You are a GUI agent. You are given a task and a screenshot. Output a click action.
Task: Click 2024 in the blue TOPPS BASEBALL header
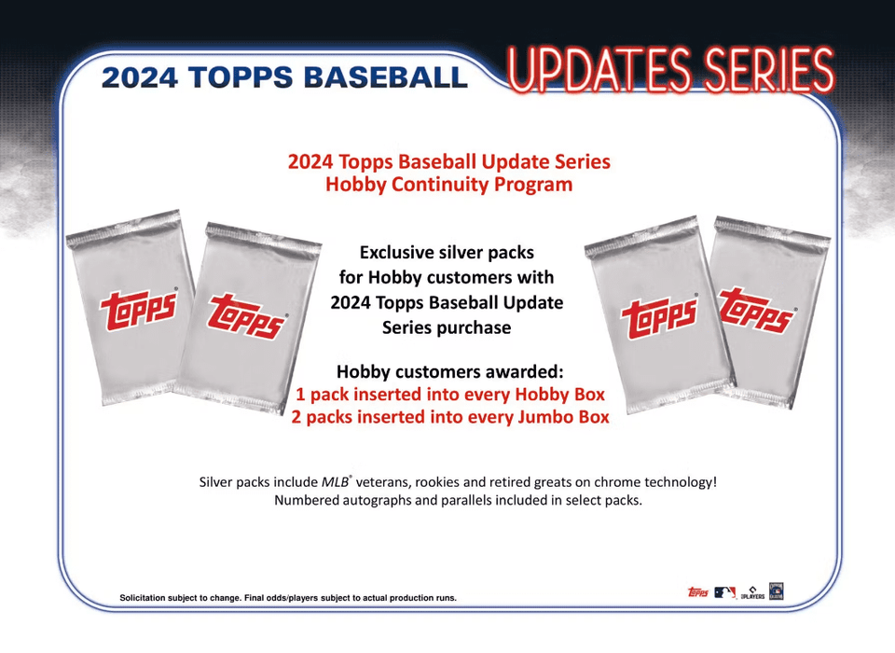(140, 77)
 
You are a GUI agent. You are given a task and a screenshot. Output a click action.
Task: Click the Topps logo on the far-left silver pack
(139, 309)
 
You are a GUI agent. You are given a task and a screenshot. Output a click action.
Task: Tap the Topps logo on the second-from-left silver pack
(246, 316)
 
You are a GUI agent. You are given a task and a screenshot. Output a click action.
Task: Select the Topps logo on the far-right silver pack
(757, 311)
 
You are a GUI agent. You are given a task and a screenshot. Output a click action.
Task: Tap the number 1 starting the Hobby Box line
(300, 395)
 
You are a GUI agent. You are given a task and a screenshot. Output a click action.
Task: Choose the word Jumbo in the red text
(545, 417)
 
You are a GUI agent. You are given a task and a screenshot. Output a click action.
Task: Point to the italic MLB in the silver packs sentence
(335, 482)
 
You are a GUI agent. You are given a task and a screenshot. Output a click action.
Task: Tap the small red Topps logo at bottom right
(698, 592)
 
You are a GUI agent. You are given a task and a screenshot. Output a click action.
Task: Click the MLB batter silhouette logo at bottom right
(724, 592)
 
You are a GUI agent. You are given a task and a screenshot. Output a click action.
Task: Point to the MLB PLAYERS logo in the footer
(752, 593)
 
